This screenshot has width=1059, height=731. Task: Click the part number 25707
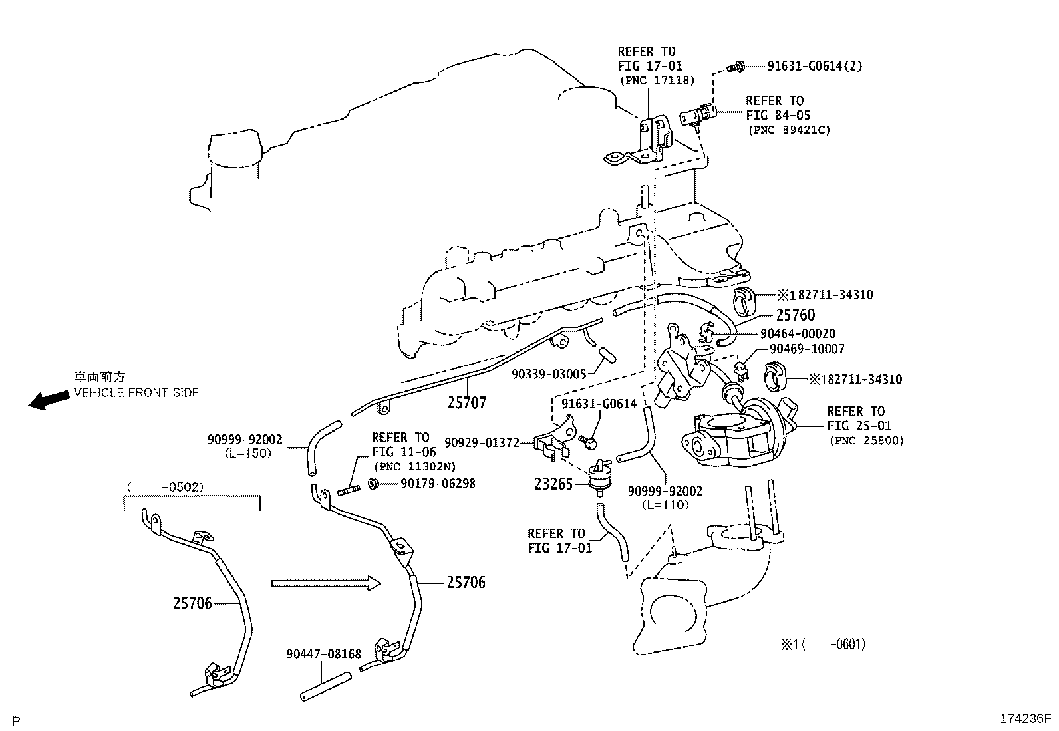[467, 402]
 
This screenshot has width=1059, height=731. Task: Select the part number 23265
[553, 484]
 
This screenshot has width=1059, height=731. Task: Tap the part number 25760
[795, 315]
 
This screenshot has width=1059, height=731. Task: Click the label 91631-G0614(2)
[815, 66]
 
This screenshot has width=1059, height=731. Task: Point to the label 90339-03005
[549, 374]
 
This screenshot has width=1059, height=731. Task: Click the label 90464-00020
[798, 334]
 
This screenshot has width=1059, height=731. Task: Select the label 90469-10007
[806, 349]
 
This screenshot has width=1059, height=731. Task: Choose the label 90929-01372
[482, 443]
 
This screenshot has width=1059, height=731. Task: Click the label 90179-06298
[438, 484]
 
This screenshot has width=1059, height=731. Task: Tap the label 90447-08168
[323, 655]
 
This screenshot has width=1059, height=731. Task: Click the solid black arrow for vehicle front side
[49, 400]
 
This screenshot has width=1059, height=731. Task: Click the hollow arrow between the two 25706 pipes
[326, 583]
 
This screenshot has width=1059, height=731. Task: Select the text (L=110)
[665, 505]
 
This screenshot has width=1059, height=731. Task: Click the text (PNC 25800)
[866, 440]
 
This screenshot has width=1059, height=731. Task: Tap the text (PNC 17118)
[657, 80]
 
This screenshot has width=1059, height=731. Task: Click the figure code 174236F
[1024, 719]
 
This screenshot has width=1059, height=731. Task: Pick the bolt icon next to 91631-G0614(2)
[735, 66]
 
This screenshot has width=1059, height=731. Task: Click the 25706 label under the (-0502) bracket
[192, 603]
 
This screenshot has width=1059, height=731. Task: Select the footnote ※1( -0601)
[823, 644]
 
